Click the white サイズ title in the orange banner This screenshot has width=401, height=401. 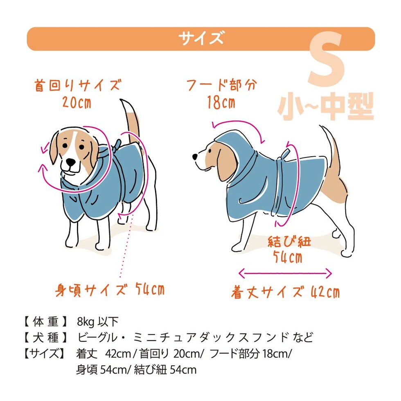pyautogui.click(x=201, y=38)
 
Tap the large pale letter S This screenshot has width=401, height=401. pyautogui.click(x=326, y=59)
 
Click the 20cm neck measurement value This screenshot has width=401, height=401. pyautogui.click(x=77, y=103)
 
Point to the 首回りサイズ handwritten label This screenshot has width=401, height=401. pyautogui.click(x=77, y=86)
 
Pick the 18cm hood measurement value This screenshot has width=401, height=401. pyautogui.click(x=221, y=102)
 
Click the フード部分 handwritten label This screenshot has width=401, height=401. pyautogui.click(x=222, y=85)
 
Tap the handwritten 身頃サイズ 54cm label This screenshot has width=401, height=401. pyautogui.click(x=110, y=290)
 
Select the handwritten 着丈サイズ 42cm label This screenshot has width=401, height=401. pyautogui.click(x=286, y=292)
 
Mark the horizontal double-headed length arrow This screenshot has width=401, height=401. pyautogui.click(x=285, y=274)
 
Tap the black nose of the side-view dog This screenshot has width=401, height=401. pyautogui.click(x=195, y=156)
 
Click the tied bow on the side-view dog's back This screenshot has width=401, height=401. pyautogui.click(x=284, y=155)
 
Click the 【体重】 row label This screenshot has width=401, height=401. pyautogui.click(x=45, y=322)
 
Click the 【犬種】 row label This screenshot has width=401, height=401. pyautogui.click(x=45, y=338)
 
